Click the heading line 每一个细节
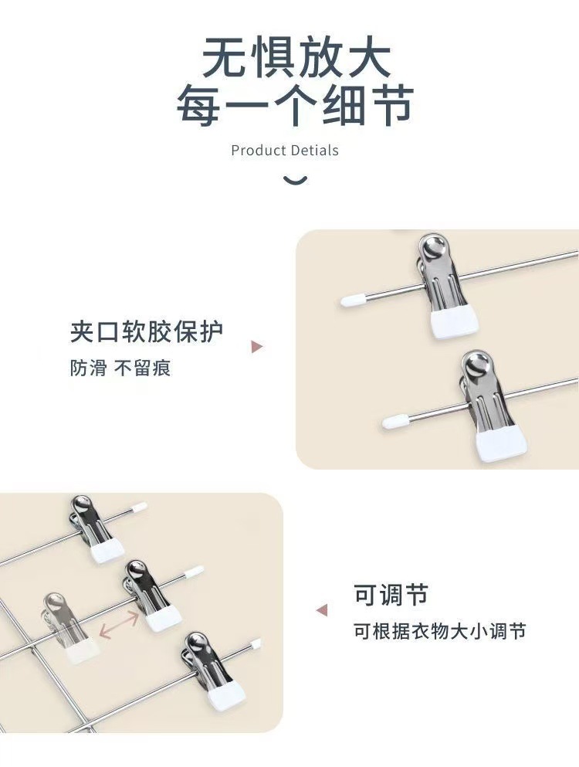pos(296,104)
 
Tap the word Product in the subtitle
pos(257,150)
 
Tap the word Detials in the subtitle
pos(313,150)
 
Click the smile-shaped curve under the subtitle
pos(296,181)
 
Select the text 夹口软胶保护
pos(147,331)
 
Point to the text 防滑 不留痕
pos(120,368)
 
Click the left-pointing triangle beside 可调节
pos(322,610)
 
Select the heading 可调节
pos(391,595)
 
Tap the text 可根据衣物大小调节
pos(439,631)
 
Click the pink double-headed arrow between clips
pos(119,626)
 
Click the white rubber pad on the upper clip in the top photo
pos(454,321)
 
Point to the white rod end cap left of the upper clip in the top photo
pos(353,300)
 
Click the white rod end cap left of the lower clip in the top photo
pos(395,421)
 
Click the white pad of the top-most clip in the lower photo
pos(107,551)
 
